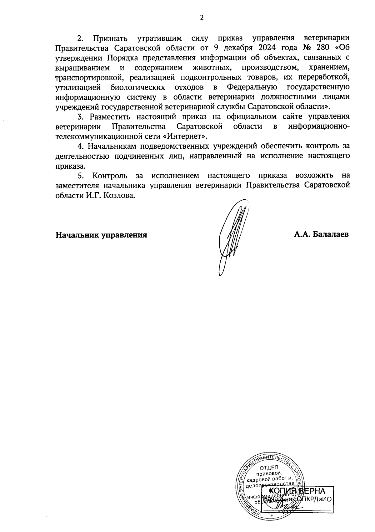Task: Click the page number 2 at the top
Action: tap(202, 18)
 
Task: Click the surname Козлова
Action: tap(123, 195)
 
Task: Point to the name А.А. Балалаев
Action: tap(321, 234)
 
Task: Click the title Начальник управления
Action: tap(101, 235)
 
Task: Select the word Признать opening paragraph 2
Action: tap(110, 38)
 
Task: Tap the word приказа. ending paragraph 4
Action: tap(70, 166)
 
